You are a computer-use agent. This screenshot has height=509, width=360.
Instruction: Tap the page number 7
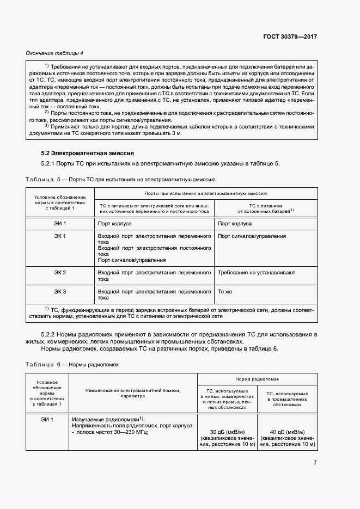[x=315, y=463]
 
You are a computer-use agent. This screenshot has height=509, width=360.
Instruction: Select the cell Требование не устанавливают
[x=256, y=272]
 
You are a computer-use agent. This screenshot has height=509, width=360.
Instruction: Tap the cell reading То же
[x=225, y=291]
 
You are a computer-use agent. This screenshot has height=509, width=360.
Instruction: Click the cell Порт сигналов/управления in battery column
[x=252, y=236]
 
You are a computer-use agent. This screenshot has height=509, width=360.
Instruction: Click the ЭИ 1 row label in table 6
[x=47, y=419]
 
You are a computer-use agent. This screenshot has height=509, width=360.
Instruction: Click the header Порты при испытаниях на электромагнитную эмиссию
[x=205, y=193]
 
